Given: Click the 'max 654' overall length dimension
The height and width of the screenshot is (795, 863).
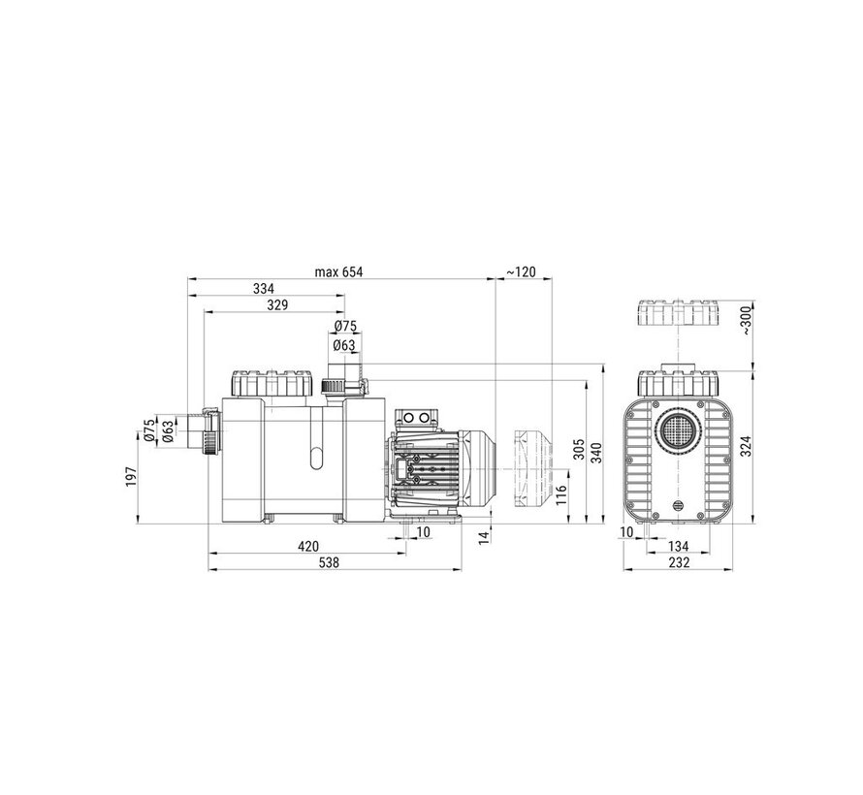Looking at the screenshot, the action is (x=339, y=271).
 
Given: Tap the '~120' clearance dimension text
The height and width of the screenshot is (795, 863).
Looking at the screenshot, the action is (x=520, y=271).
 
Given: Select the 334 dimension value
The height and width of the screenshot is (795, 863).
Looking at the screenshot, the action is (x=264, y=288).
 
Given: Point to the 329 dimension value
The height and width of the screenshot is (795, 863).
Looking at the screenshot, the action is (x=277, y=304).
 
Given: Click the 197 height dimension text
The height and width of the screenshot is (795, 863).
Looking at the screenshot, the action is (x=131, y=476).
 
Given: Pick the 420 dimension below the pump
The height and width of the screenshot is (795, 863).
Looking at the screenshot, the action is (x=308, y=547).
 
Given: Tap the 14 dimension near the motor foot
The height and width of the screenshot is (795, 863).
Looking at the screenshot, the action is (x=484, y=537).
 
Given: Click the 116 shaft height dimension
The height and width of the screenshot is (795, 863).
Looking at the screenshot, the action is (x=560, y=495).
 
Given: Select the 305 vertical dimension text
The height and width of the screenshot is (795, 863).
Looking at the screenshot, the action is (x=579, y=450).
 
